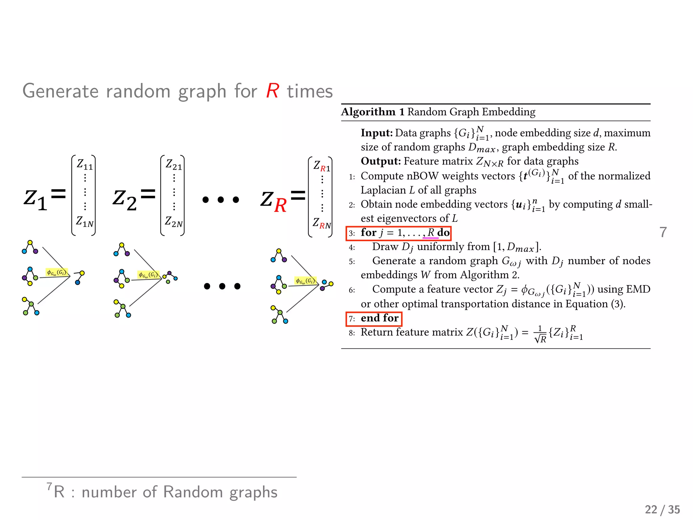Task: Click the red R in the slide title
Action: click(x=272, y=91)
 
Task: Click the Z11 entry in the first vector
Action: click(x=85, y=165)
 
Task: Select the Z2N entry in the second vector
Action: click(x=174, y=222)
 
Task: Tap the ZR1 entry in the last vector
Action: click(x=322, y=166)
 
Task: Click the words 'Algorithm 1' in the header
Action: click(x=373, y=112)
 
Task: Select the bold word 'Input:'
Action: click(x=377, y=133)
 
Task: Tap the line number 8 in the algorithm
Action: click(x=352, y=333)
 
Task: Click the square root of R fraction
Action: click(x=540, y=334)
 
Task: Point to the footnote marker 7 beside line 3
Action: click(x=663, y=232)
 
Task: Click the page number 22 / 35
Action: click(x=662, y=510)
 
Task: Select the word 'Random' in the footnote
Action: click(x=193, y=492)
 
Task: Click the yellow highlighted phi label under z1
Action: click(x=57, y=273)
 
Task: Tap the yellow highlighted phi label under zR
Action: click(x=305, y=281)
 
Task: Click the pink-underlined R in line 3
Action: click(x=431, y=233)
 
